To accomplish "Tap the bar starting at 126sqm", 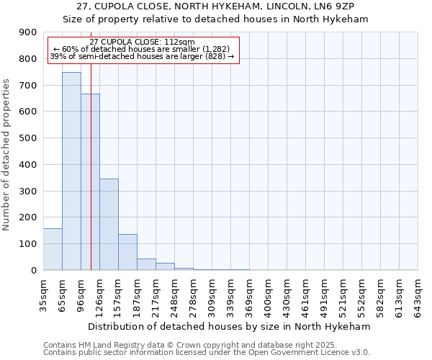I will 109,224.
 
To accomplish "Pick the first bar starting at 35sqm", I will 53,249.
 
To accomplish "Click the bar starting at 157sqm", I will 127,252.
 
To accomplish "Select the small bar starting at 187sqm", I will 146,264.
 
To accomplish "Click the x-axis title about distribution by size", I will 230,326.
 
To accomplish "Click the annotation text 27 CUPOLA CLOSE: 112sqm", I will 142,42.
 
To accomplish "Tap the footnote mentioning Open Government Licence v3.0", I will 207,353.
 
